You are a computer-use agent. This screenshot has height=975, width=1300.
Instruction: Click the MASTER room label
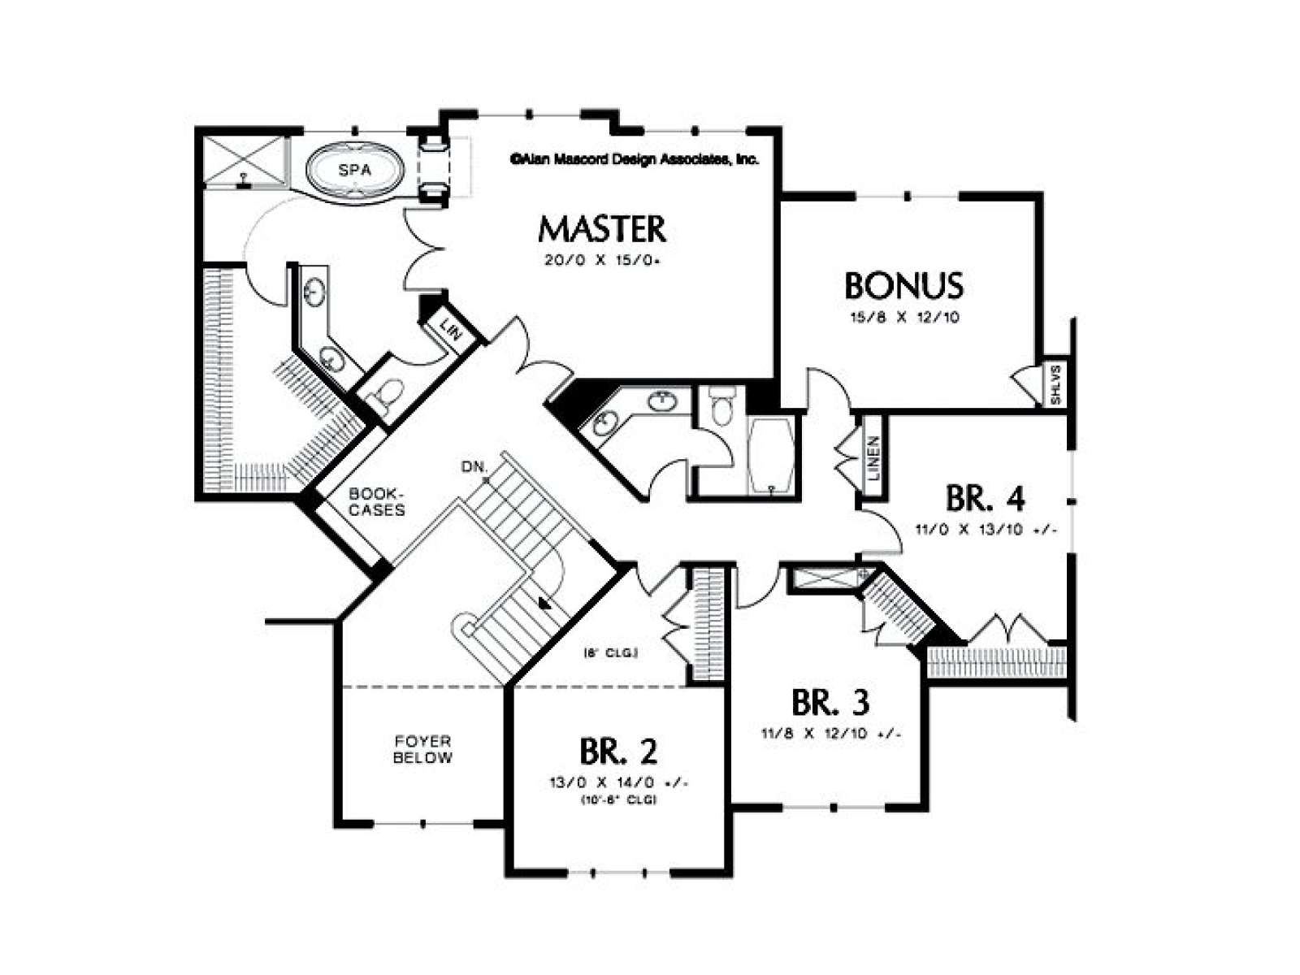click(602, 230)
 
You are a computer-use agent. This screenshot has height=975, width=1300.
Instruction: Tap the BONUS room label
click(903, 285)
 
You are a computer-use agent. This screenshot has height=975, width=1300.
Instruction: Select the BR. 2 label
click(617, 752)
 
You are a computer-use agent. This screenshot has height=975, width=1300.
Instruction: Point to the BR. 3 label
click(830, 703)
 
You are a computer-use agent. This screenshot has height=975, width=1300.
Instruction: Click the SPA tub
click(355, 171)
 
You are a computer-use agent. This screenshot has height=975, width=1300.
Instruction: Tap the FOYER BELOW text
click(422, 749)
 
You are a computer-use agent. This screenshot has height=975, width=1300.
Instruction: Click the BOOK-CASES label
click(377, 501)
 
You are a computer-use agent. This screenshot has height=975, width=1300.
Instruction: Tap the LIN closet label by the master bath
click(451, 328)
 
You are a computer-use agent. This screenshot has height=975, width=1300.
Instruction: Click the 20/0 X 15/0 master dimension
click(602, 260)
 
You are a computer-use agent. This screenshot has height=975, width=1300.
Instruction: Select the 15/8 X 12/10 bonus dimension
click(903, 318)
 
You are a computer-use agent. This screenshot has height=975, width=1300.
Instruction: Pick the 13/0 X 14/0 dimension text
click(618, 782)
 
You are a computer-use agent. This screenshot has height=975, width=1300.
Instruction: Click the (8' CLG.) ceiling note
click(611, 653)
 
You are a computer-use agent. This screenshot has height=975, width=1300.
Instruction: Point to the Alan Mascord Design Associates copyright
click(635, 159)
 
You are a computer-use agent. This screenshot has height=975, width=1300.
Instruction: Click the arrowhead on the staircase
click(544, 603)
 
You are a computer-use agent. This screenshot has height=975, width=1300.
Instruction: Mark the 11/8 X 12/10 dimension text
click(831, 734)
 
